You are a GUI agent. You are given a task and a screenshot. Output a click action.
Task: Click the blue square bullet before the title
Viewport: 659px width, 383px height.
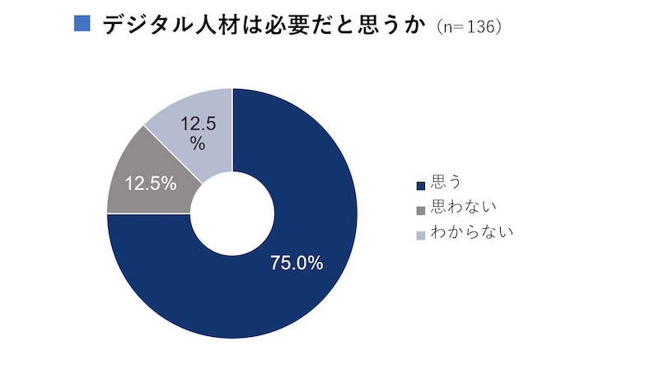pos(82,23)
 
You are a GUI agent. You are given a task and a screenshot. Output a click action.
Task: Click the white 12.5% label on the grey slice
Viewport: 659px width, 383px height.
pos(151,184)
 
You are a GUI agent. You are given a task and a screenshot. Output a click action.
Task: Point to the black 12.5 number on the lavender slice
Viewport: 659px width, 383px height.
pos(198,125)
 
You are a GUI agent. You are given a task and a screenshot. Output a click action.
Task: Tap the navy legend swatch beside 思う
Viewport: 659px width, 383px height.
pos(422,184)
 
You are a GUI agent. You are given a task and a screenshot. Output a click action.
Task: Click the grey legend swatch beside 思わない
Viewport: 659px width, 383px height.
pos(422,208)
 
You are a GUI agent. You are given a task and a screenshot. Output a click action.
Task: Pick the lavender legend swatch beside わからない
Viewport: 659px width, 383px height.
pos(422,233)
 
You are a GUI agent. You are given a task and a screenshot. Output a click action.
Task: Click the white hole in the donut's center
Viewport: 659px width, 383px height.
pos(232,213)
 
